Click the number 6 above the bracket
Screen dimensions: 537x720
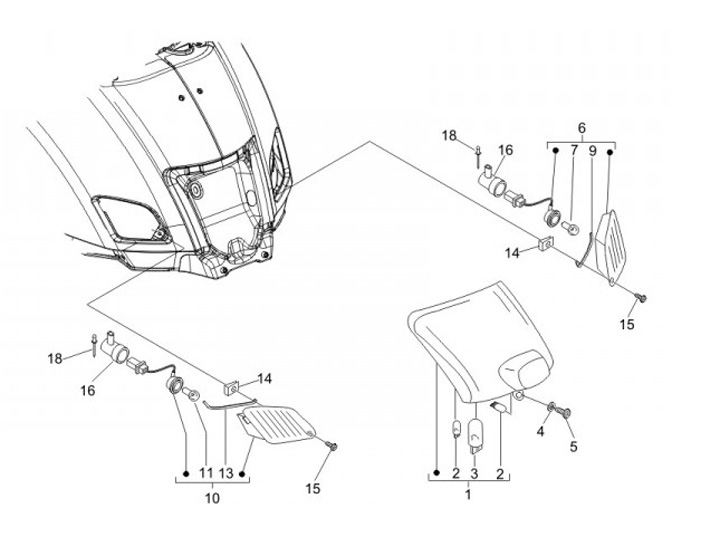pyautogui.click(x=580, y=128)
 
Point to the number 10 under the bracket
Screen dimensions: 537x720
pyautogui.click(x=211, y=497)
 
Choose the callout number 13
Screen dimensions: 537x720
pyautogui.click(x=226, y=471)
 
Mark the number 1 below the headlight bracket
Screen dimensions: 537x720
pyautogui.click(x=466, y=493)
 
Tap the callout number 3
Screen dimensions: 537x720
pyautogui.click(x=474, y=472)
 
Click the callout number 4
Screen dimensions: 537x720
pyautogui.click(x=540, y=431)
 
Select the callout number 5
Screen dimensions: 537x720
pyautogui.click(x=573, y=446)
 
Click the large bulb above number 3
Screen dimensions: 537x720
pyautogui.click(x=475, y=437)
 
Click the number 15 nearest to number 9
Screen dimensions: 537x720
pyautogui.click(x=628, y=325)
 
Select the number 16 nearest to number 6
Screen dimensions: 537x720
pyautogui.click(x=505, y=150)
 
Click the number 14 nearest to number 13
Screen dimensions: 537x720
pyautogui.click(x=265, y=378)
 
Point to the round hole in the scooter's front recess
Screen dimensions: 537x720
pyautogui.click(x=196, y=188)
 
